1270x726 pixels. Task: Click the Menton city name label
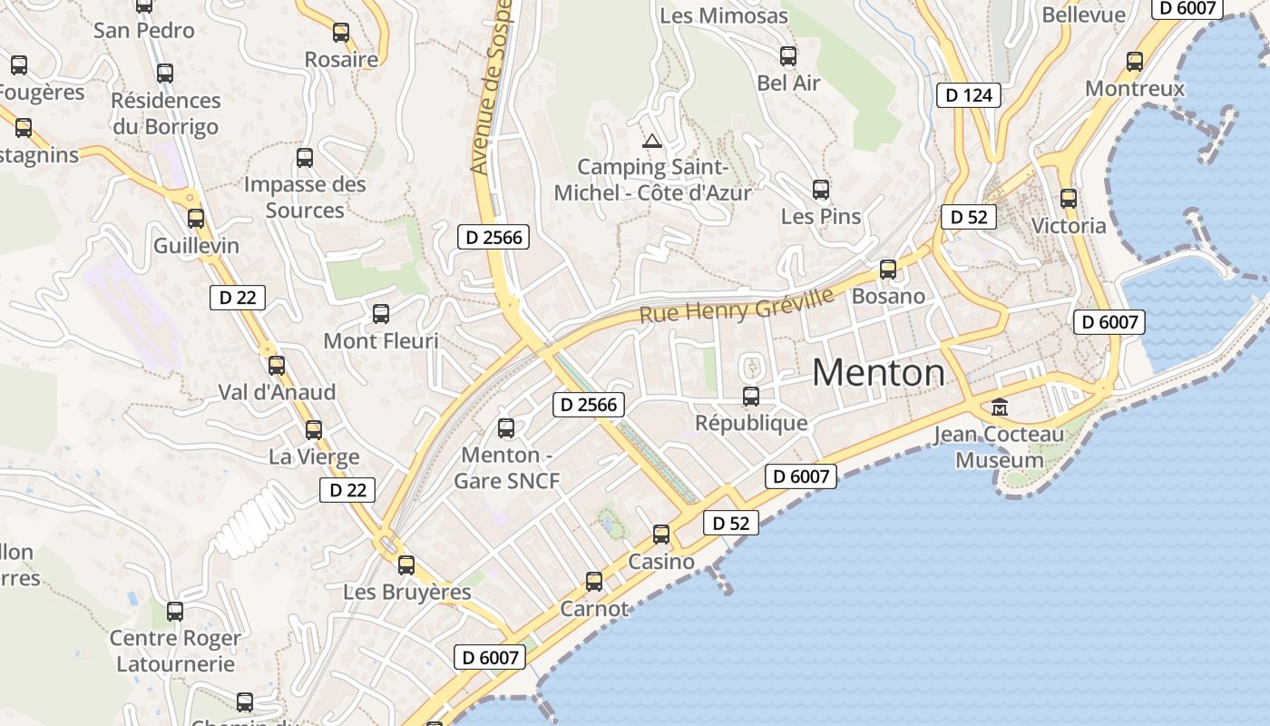(x=878, y=373)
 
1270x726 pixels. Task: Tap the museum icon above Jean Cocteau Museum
(x=1000, y=407)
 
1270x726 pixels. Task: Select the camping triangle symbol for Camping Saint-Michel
(x=651, y=141)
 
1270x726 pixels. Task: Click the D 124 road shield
(x=968, y=95)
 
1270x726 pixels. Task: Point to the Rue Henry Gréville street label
(x=737, y=306)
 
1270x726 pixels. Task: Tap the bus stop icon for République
(x=751, y=397)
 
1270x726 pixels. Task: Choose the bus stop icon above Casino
(x=661, y=535)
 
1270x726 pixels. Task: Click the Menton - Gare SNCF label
(x=507, y=467)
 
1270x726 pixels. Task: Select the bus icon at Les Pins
(x=821, y=190)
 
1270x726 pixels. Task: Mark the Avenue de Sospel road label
(x=491, y=86)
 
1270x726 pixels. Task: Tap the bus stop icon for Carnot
(x=594, y=582)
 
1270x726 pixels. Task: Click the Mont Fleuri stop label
(x=381, y=341)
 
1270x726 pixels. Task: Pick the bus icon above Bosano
(x=888, y=270)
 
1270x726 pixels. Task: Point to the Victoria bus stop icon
(x=1069, y=199)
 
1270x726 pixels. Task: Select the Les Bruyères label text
(x=407, y=593)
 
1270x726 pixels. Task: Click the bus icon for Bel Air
(x=788, y=56)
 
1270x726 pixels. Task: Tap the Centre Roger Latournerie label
(x=175, y=651)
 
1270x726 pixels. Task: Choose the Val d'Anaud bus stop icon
(x=277, y=366)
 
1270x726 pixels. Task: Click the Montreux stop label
(x=1135, y=89)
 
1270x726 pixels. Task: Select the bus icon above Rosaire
(x=341, y=33)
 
